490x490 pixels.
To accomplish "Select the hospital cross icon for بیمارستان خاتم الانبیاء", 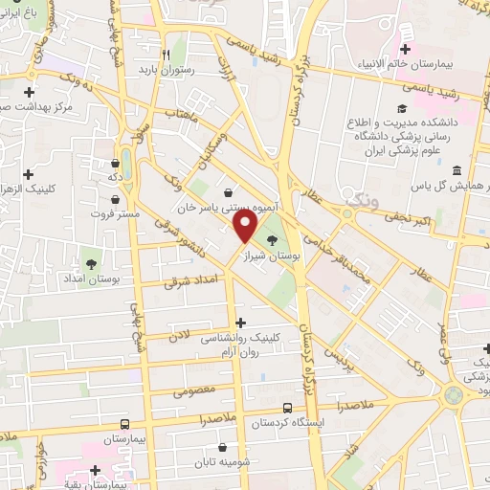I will pyautogui.click(x=406, y=49).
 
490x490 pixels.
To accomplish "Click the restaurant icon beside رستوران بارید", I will pyautogui.click(x=167, y=55).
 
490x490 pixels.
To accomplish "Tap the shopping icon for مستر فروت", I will pyautogui.click(x=116, y=199).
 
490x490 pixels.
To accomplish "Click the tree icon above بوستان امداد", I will pyautogui.click(x=92, y=262).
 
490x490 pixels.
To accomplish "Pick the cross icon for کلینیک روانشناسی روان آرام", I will pyautogui.click(x=239, y=323).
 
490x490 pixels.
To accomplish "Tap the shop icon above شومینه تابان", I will pyautogui.click(x=223, y=446).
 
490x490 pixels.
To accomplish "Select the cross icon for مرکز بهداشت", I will pyautogui.click(x=30, y=94).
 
